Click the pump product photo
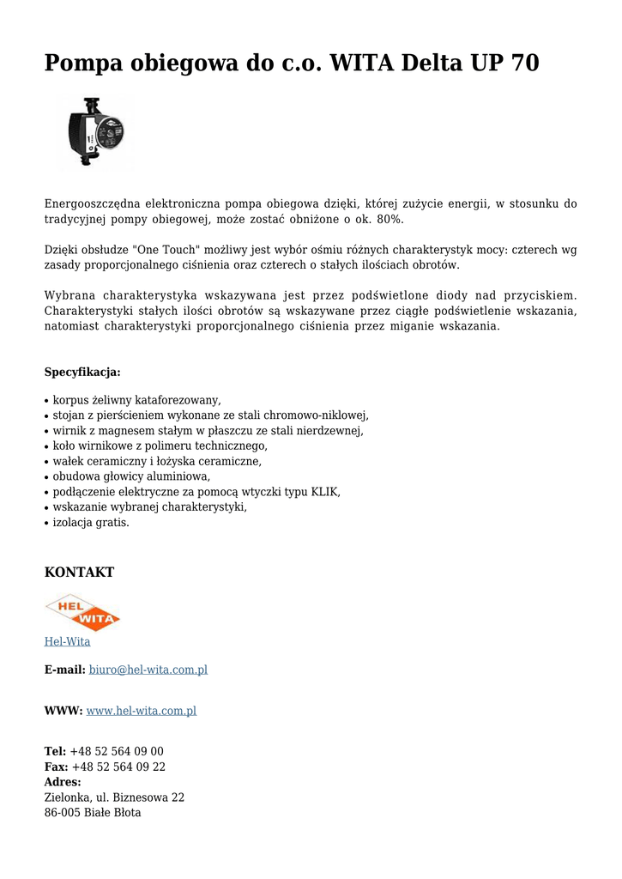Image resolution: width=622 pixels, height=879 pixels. pos(96,133)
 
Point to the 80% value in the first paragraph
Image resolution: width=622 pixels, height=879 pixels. pos(390,220)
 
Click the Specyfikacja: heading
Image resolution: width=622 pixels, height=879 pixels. pos(82,373)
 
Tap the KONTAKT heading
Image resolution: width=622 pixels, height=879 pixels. pos(79,573)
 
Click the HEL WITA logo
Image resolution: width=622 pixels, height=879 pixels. pos(82,613)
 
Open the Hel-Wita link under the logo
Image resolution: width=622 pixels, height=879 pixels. pos(67,642)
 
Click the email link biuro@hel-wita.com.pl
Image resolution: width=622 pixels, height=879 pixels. pos(148,670)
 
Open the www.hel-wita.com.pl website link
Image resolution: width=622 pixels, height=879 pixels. pos(142,711)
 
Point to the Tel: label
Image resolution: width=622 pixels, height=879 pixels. pos(55,752)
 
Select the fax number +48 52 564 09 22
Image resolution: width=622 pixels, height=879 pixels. pos(118,767)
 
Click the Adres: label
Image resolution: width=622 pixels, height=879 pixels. pos(63,783)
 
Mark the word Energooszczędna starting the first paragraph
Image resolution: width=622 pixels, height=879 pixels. pos(92,204)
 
